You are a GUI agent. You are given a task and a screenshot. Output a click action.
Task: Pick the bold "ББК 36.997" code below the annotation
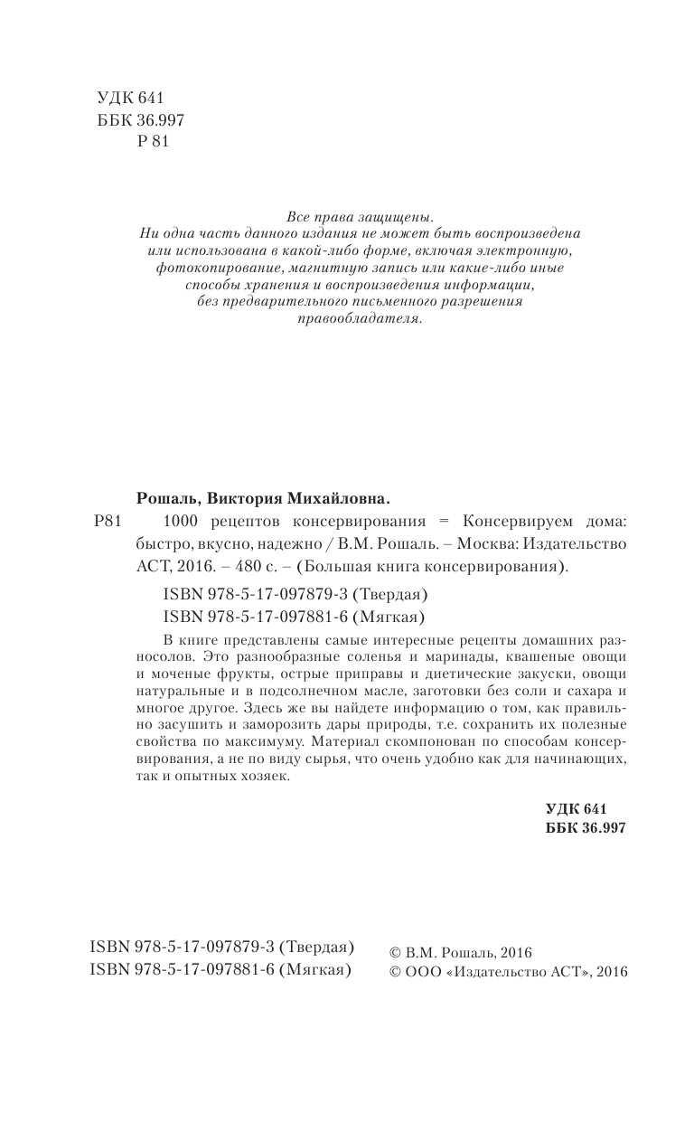586,827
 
